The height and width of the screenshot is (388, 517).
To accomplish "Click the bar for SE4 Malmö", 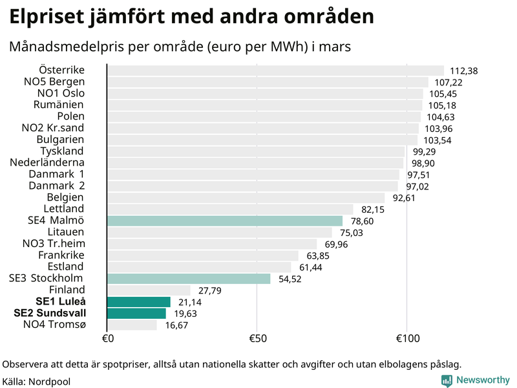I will pos(225,221).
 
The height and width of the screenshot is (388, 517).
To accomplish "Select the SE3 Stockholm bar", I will pos(189,279).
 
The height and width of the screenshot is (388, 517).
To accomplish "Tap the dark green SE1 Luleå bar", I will pos(139,302).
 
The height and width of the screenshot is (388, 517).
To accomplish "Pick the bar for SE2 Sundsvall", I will pos(136,314).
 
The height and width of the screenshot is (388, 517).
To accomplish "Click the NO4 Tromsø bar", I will pos(132,325).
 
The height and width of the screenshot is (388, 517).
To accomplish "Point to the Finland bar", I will pos(149,290).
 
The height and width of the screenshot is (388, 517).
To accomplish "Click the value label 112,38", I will pos(463,70).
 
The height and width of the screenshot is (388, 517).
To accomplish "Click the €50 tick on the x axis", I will pos(257,339).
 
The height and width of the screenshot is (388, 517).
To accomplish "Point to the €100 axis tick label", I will pos(406,339).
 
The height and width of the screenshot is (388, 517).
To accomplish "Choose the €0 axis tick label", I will pos(107,339).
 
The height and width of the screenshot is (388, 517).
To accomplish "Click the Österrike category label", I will pos(61,70).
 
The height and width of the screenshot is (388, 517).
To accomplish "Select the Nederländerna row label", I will pos(47,162).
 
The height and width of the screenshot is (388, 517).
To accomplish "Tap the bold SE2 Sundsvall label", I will pos(49,314).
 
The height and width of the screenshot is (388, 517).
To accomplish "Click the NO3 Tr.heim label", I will pos(54,244).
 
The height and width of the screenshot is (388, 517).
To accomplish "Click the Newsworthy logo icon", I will pos(447,381).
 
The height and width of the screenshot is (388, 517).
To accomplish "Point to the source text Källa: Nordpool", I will pos(36,382).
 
